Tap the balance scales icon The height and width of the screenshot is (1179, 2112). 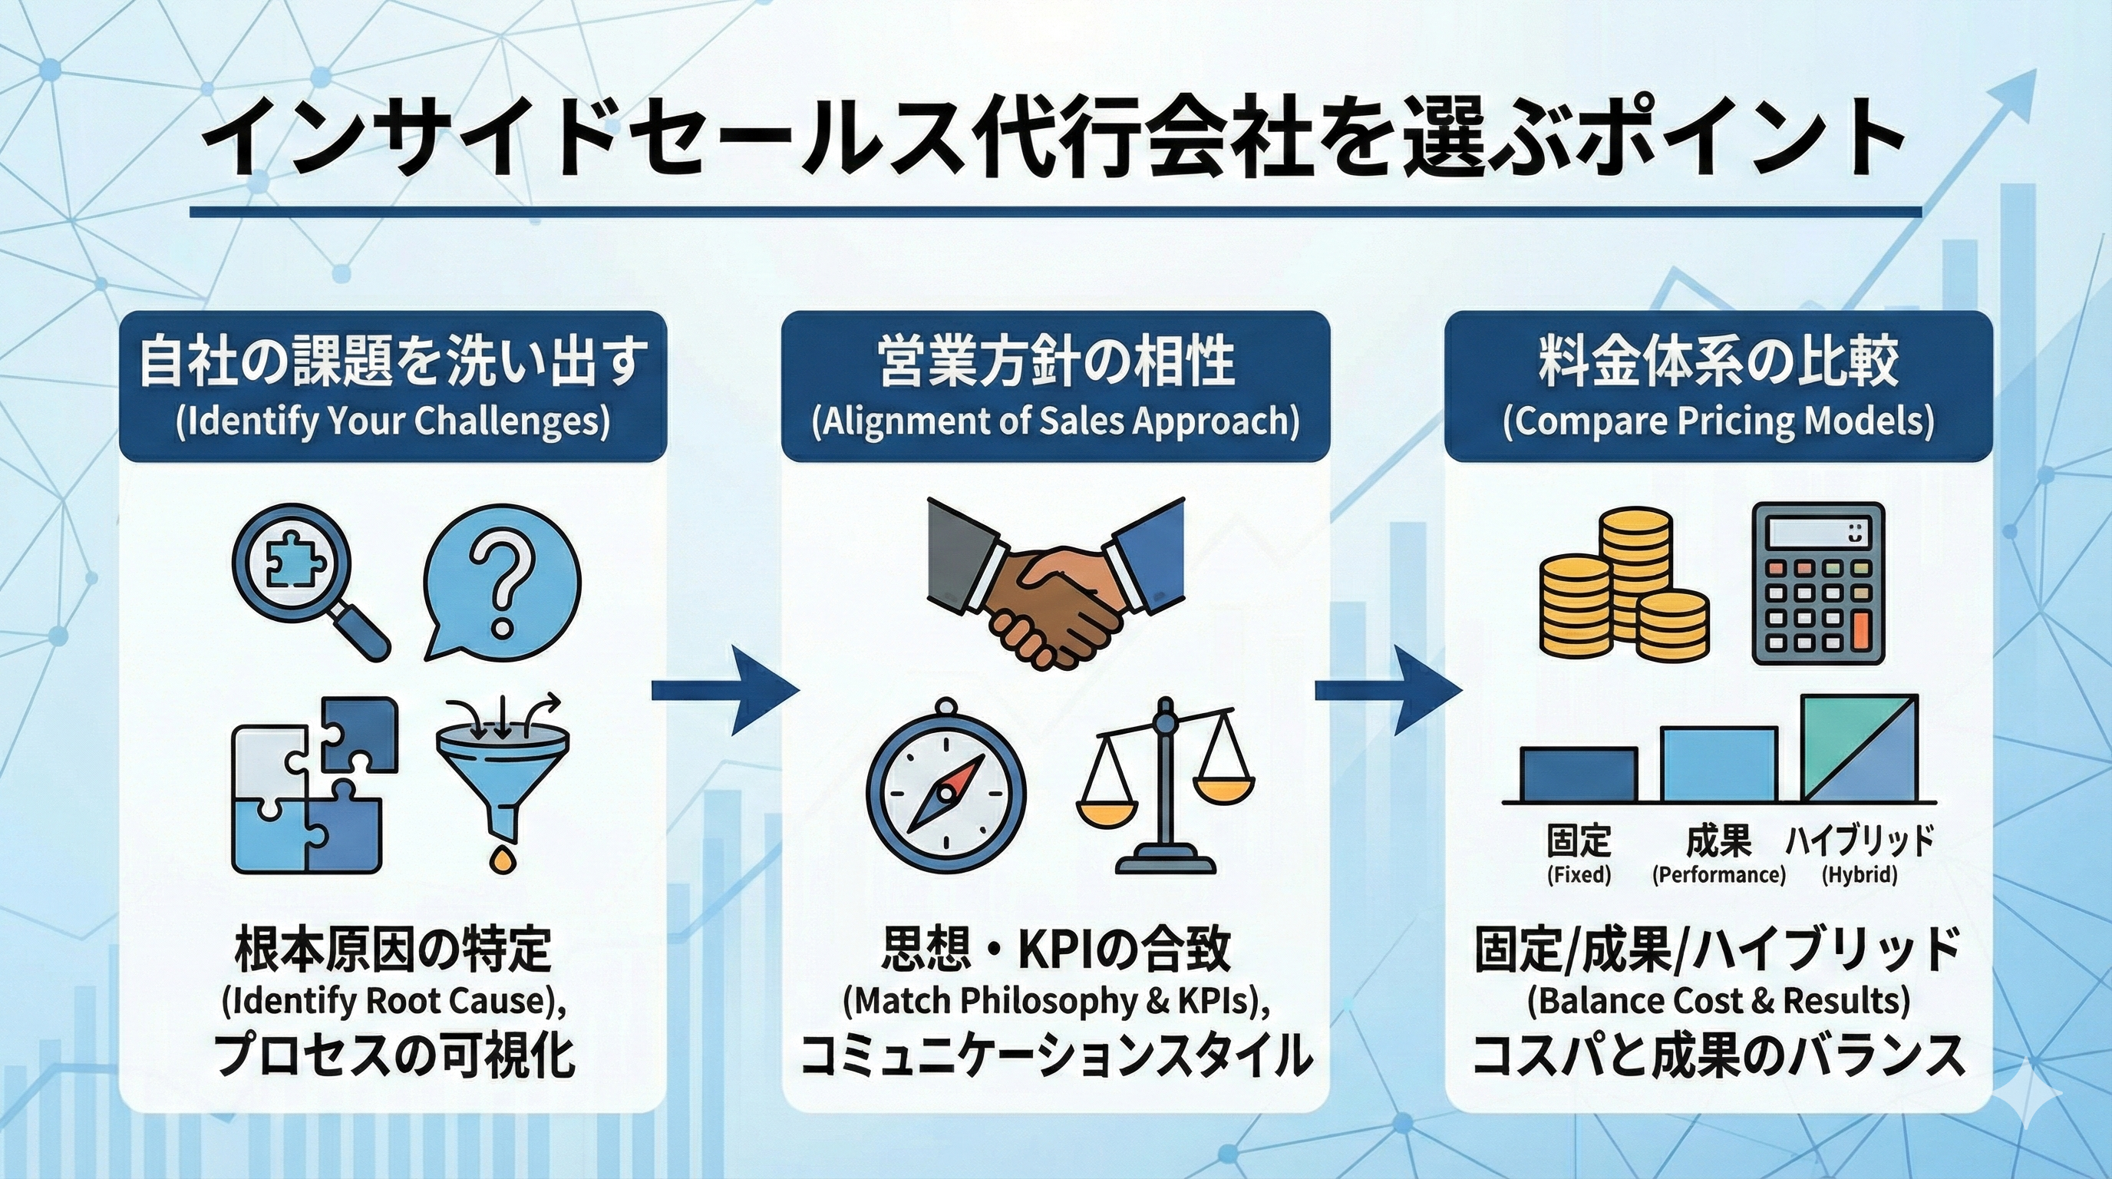pyautogui.click(x=1164, y=784)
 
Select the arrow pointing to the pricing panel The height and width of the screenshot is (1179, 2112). pyautogui.click(x=1388, y=691)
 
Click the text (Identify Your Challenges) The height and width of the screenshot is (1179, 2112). pyautogui.click(x=393, y=421)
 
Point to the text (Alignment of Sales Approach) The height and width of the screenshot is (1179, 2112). pyautogui.click(x=1055, y=421)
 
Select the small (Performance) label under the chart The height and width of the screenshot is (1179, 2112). pyautogui.click(x=1718, y=875)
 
